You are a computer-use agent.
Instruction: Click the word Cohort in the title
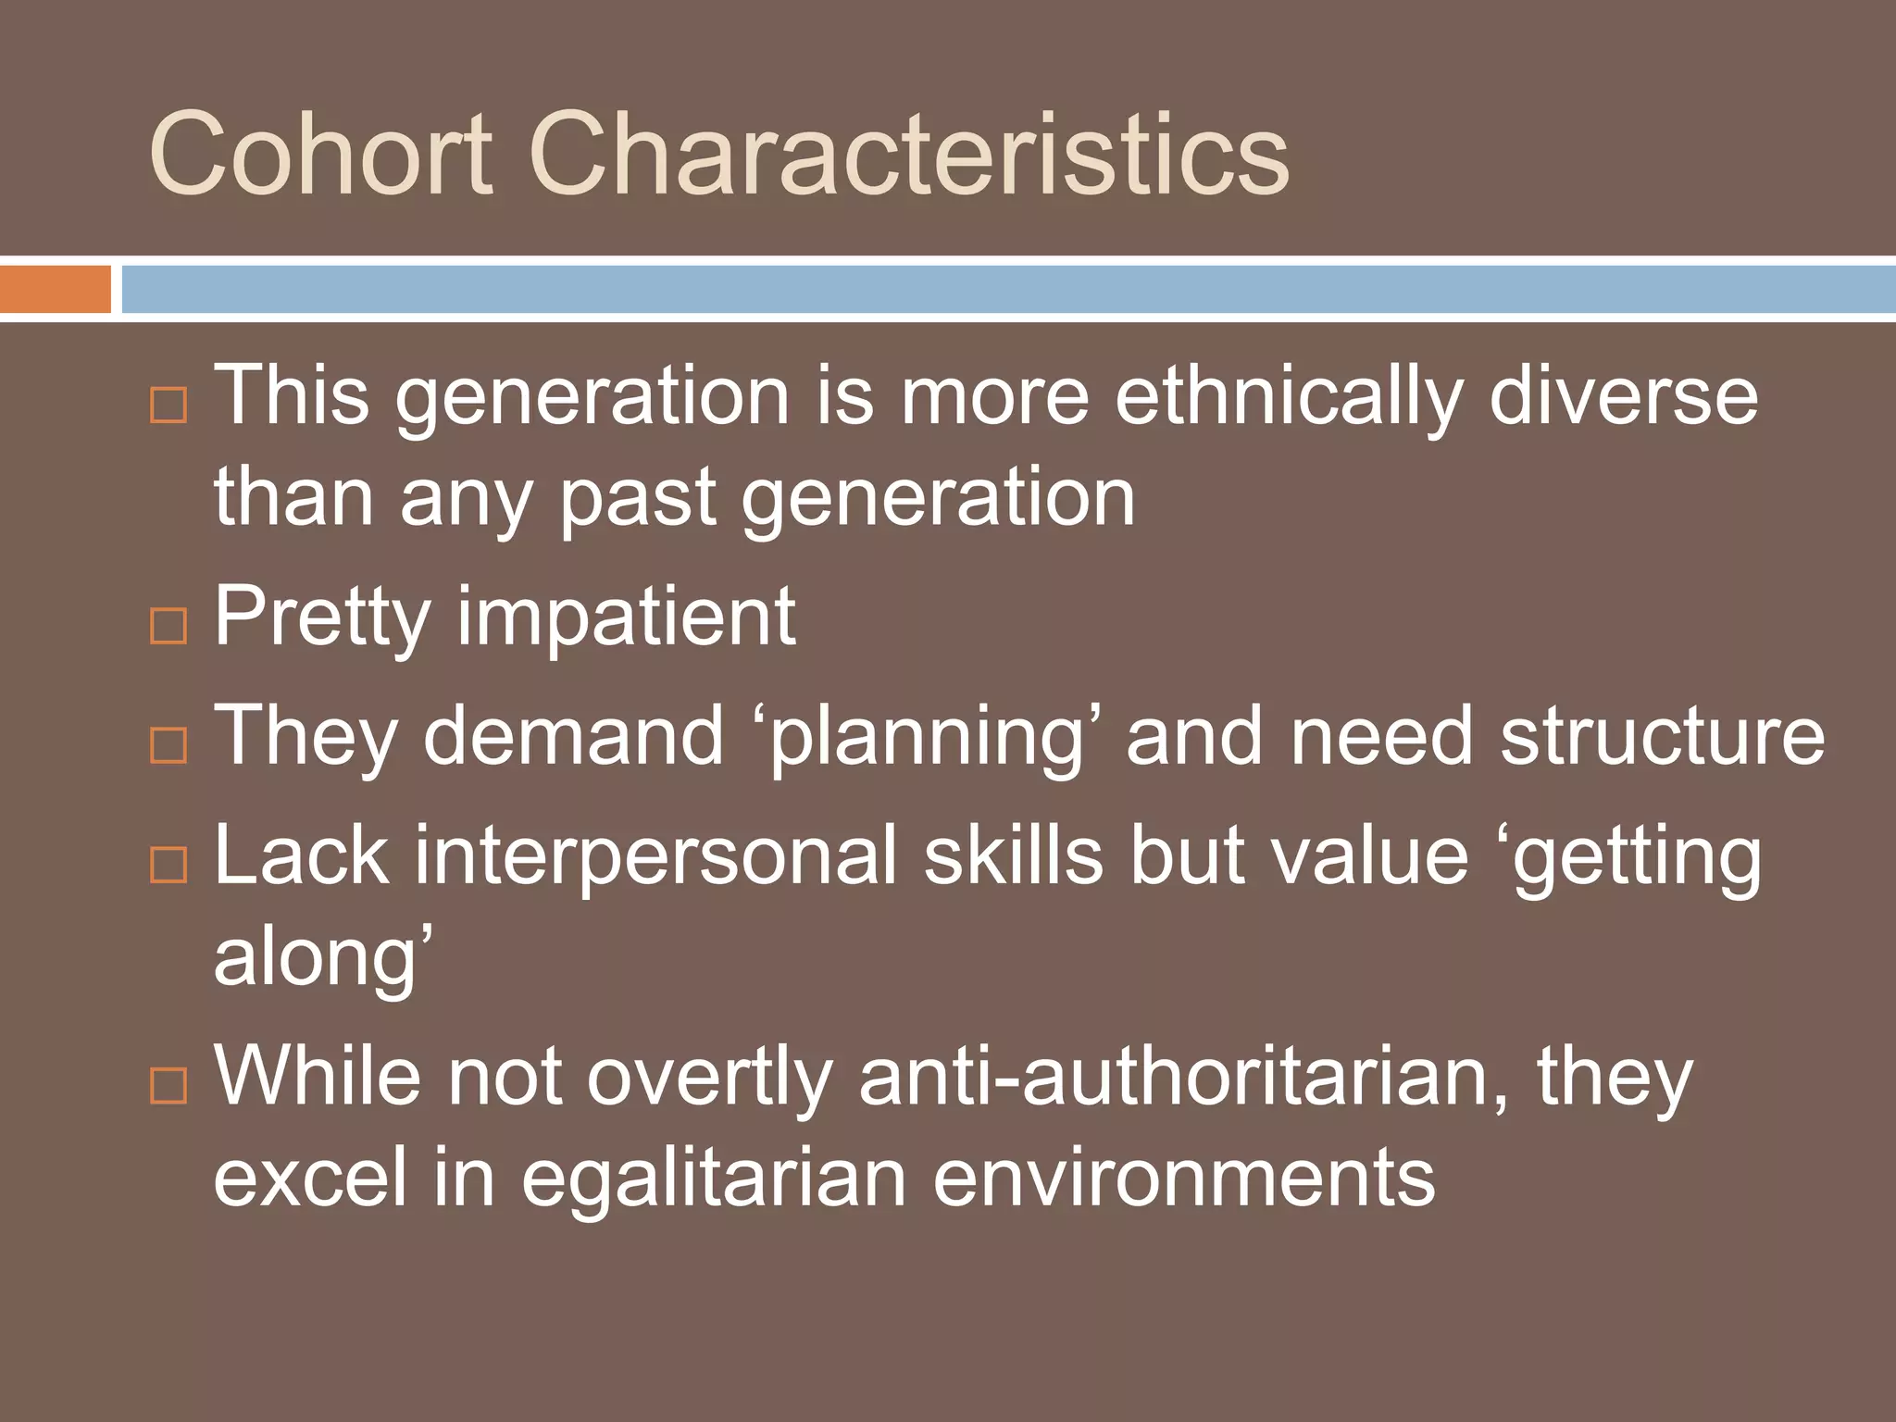point(320,153)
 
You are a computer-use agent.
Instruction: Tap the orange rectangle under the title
point(56,289)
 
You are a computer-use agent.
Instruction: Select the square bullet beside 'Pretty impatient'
point(168,627)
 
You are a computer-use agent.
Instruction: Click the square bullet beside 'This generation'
point(168,405)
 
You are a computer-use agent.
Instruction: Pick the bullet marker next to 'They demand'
point(168,745)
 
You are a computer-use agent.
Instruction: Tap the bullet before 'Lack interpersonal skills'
point(168,864)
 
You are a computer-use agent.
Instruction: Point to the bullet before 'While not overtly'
point(168,1085)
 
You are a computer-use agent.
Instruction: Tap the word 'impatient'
point(626,618)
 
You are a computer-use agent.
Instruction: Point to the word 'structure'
point(1662,737)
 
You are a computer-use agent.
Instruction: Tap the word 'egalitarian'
point(713,1181)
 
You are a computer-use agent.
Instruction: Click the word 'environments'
point(1184,1179)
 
